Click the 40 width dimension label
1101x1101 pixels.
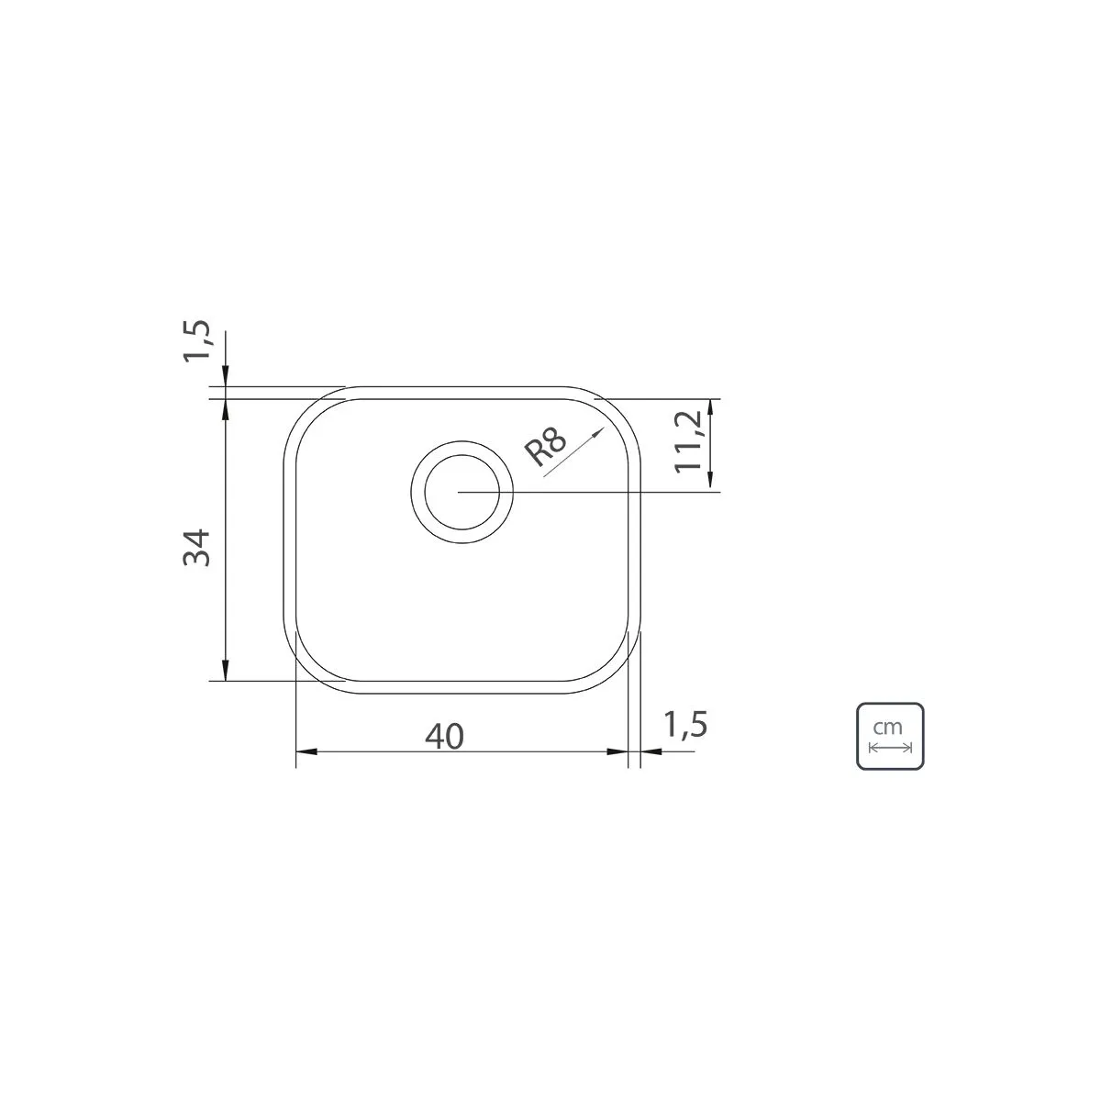click(x=444, y=737)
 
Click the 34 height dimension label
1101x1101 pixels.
click(x=196, y=548)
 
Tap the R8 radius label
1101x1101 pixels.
click(x=546, y=446)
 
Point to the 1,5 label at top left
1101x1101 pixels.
click(x=196, y=340)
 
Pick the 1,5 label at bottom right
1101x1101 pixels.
click(x=685, y=725)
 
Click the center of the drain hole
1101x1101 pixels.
click(x=462, y=492)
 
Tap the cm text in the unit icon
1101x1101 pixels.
click(x=888, y=728)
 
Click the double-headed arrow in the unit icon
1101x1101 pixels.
click(x=890, y=748)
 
